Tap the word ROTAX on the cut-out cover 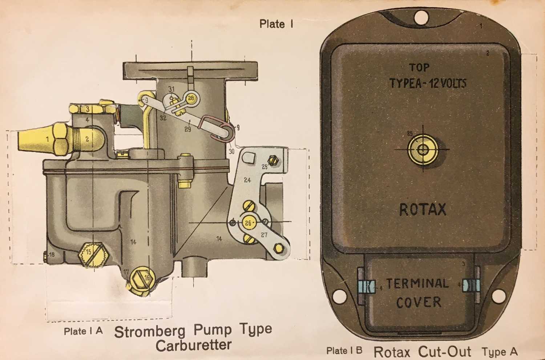423,209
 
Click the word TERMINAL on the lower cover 417,284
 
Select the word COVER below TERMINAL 419,302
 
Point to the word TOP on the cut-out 419,67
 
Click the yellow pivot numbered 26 248,223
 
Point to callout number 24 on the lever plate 247,180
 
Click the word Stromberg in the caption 150,332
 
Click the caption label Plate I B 344,351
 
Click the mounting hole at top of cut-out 422,16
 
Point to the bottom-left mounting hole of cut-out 338,296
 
